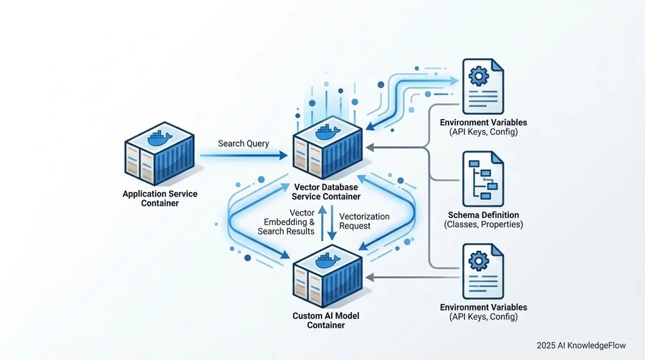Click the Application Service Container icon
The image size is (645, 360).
coord(160,153)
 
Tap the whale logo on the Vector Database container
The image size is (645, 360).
coord(328,132)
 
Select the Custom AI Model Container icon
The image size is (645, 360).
coord(328,276)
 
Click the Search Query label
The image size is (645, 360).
coord(244,143)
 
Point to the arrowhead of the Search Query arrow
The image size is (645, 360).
coord(283,156)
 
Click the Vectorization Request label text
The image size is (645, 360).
coord(364,221)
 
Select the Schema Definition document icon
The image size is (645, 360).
coord(483,179)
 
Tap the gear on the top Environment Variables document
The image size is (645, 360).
coord(479,75)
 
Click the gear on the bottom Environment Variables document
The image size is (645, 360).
coord(479,260)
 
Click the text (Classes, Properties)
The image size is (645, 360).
coord(483,224)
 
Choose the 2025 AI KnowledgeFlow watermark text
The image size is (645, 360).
coord(581,346)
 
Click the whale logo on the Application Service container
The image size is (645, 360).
coord(160,138)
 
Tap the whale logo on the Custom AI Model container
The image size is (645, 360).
coord(328,261)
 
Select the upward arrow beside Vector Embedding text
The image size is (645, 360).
coord(323,222)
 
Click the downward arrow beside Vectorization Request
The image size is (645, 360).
coord(332,222)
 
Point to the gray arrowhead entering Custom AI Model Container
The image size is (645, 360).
coord(369,278)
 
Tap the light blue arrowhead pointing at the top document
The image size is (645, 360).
coord(454,80)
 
